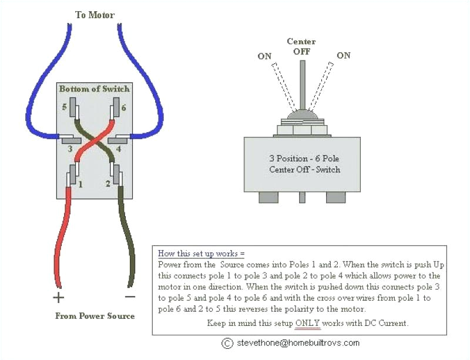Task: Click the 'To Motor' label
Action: [x=95, y=14]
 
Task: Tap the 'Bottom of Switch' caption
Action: [x=94, y=89]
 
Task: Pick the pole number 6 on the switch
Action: [x=123, y=107]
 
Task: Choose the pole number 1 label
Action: [x=80, y=184]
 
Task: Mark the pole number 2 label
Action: [x=107, y=184]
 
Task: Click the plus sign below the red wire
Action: [x=58, y=296]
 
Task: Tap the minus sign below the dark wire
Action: [x=130, y=296]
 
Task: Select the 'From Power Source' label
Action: [x=95, y=316]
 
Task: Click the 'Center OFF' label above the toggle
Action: [x=301, y=46]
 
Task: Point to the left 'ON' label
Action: [x=264, y=56]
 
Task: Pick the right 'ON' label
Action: [x=344, y=55]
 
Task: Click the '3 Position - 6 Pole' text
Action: [x=304, y=159]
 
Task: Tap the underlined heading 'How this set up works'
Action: [x=201, y=254]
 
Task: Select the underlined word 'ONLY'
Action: [x=308, y=323]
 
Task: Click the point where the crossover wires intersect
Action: [x=94, y=140]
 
